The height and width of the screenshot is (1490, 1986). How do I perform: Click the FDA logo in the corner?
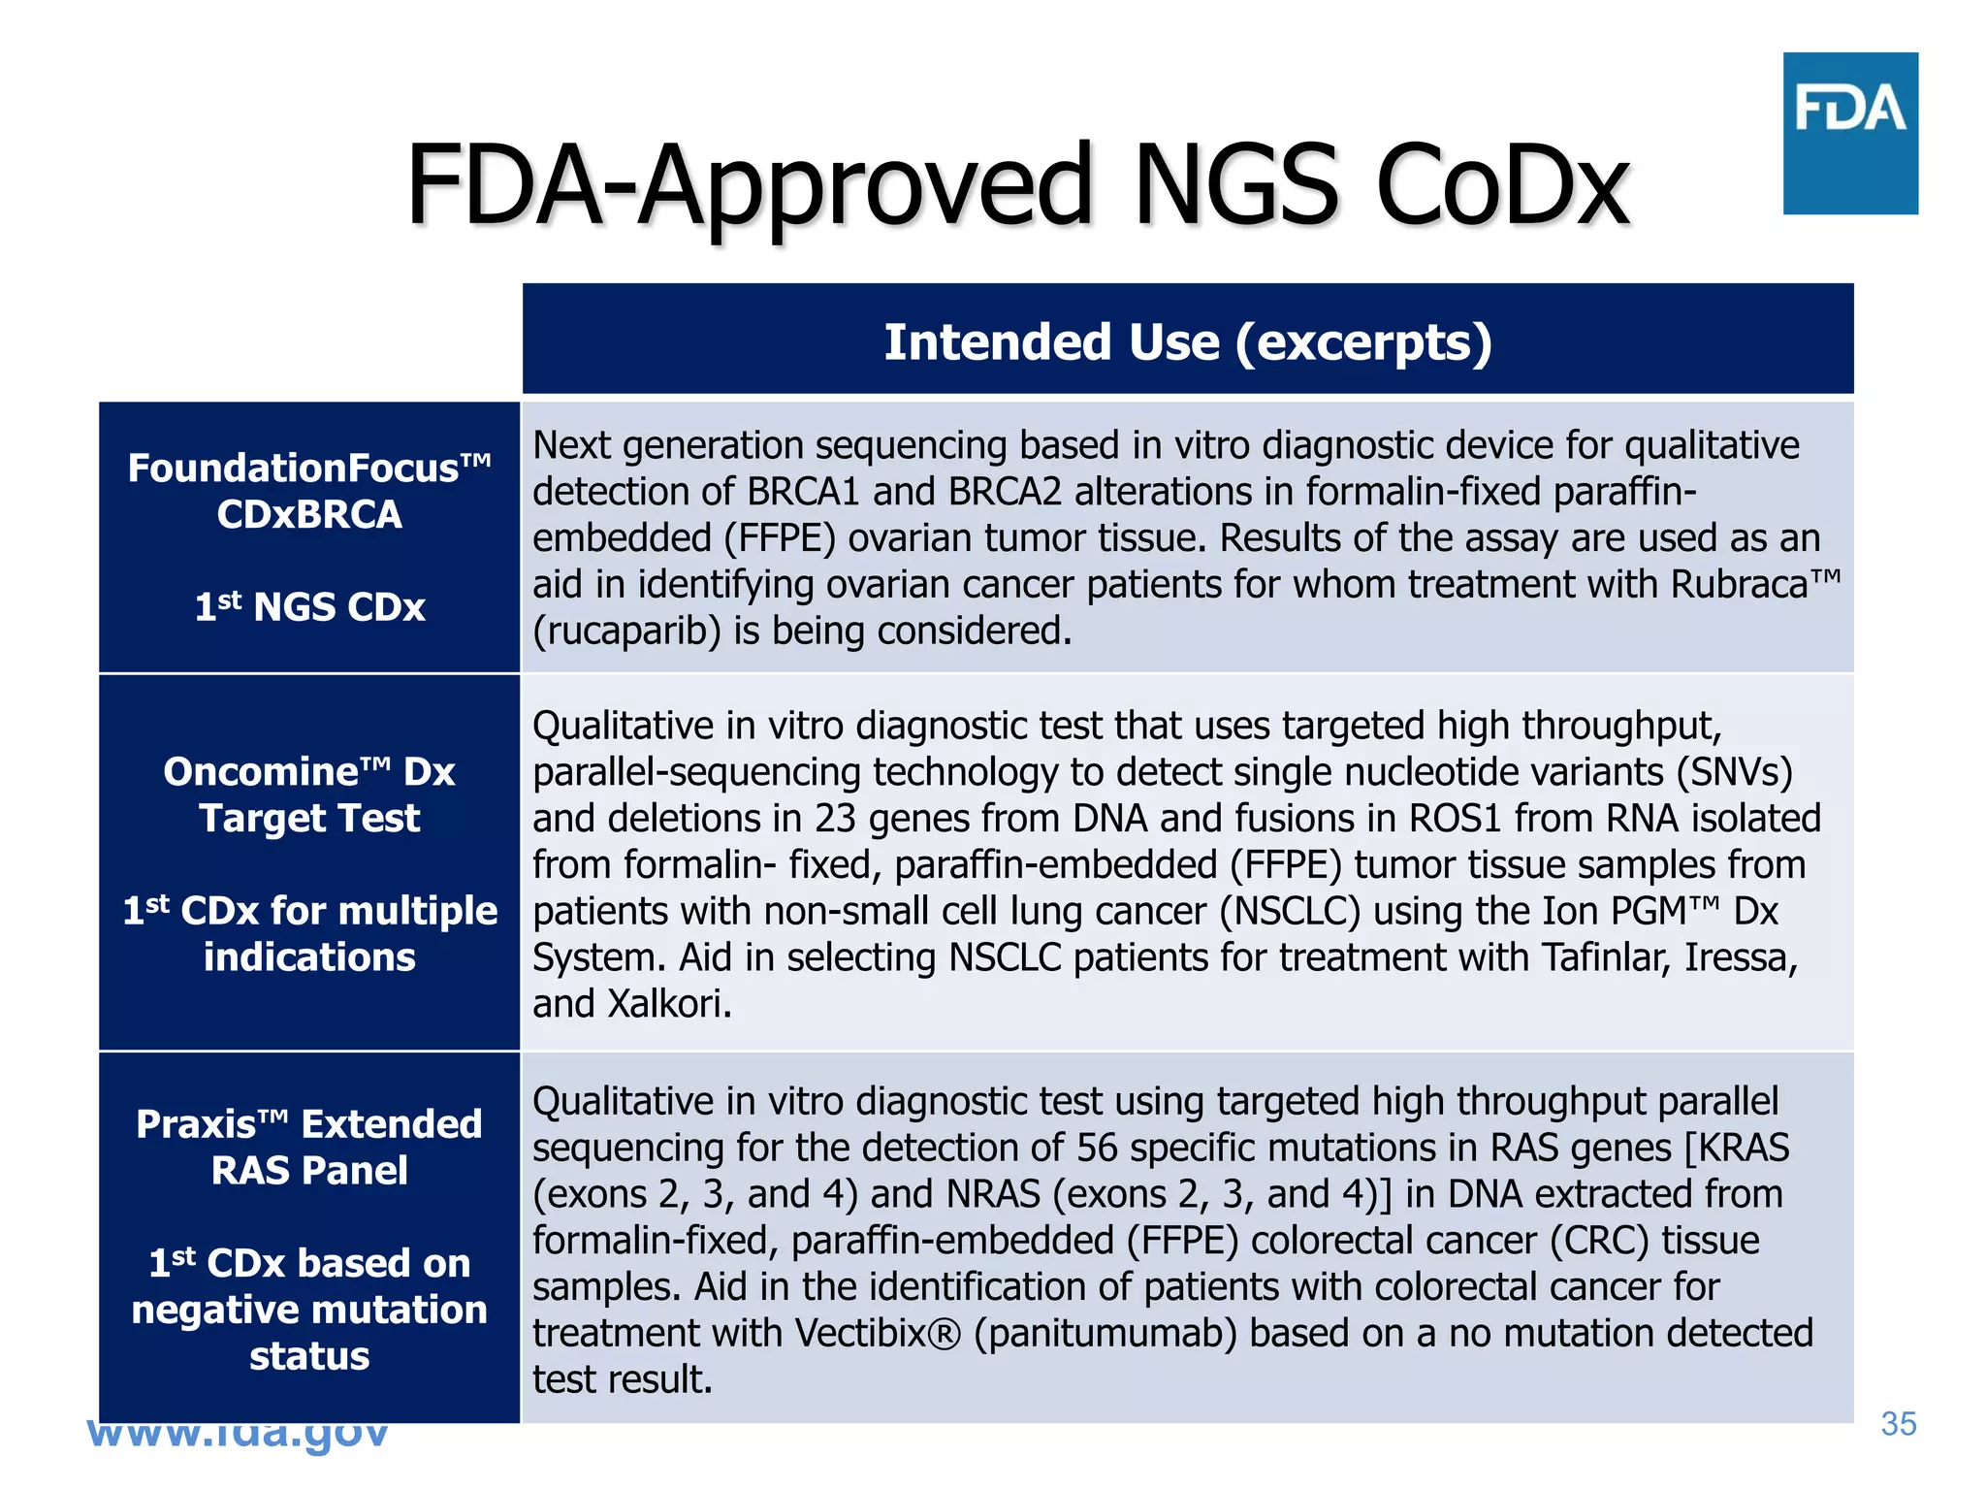[1849, 133]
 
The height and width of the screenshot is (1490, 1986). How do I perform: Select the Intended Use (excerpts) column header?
[1187, 341]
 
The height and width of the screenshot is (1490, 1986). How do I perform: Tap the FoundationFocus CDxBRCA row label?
[309, 491]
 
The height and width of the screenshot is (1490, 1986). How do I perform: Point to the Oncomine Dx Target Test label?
[309, 794]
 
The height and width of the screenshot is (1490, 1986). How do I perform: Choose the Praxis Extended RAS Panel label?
[309, 1147]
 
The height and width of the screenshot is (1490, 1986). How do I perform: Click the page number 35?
[1898, 1423]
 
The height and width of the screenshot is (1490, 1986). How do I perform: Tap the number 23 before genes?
[835, 819]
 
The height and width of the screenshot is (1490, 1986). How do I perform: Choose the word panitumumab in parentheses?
[1105, 1334]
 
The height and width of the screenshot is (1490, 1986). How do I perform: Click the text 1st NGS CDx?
[309, 607]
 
